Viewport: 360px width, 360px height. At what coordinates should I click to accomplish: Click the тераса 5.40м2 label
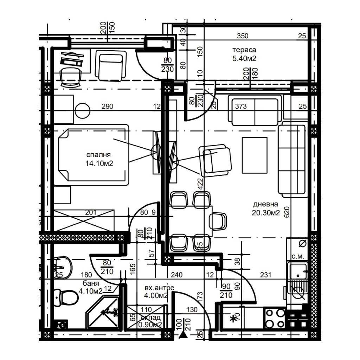pyautogui.click(x=244, y=54)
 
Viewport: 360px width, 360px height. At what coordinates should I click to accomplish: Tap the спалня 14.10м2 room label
pyautogui.click(x=99, y=159)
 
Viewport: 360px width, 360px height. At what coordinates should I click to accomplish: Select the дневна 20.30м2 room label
pyautogui.click(x=265, y=208)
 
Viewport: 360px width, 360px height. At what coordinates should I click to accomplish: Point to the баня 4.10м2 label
pyautogui.click(x=91, y=287)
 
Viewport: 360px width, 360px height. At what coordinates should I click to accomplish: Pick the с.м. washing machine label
pyautogui.click(x=298, y=256)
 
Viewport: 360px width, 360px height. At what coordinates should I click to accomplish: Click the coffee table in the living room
pyautogui.click(x=254, y=155)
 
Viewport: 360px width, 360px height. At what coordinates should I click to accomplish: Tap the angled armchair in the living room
pyautogui.click(x=216, y=160)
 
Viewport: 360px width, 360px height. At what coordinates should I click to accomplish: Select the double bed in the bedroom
pyautogui.click(x=92, y=154)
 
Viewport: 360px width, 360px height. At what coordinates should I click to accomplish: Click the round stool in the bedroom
pyautogui.click(x=83, y=111)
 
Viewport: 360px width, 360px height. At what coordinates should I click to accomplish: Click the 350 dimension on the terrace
pyautogui.click(x=243, y=36)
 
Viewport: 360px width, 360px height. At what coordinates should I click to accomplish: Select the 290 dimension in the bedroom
pyautogui.click(x=107, y=107)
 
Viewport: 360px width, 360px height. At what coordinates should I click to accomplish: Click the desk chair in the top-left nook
pyautogui.click(x=70, y=77)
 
